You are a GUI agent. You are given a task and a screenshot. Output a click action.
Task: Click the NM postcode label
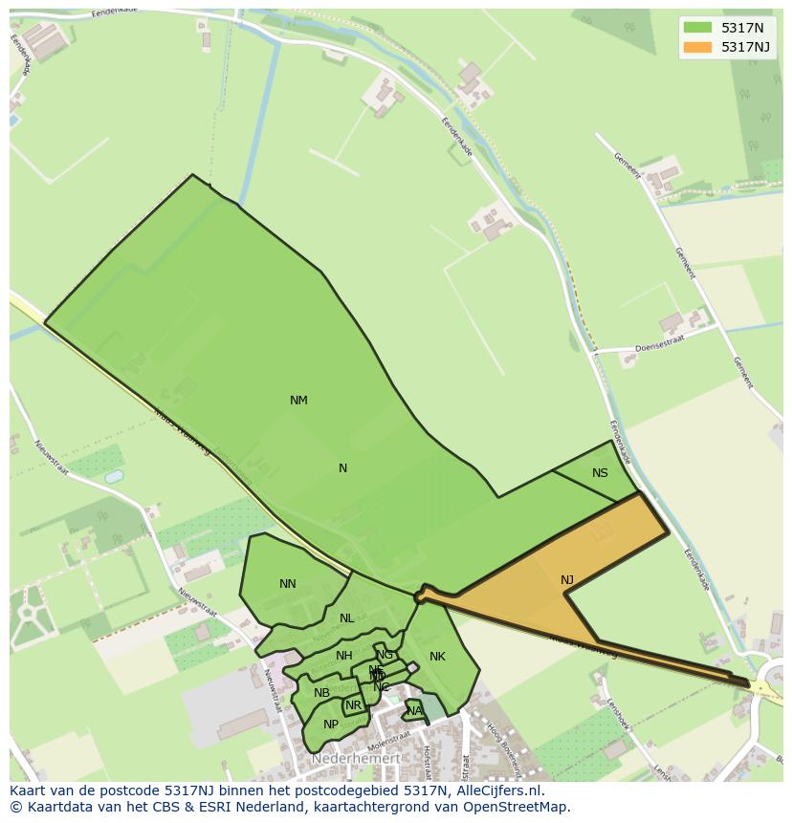[x=298, y=401]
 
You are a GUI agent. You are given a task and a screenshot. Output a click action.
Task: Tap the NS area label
[x=600, y=473]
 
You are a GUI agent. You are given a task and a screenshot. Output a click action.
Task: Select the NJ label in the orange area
[x=567, y=580]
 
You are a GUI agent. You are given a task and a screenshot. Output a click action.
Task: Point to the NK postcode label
[x=437, y=657]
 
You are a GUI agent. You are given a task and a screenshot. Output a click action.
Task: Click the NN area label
[x=288, y=584]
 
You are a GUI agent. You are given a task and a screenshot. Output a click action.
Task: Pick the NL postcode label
[x=346, y=618]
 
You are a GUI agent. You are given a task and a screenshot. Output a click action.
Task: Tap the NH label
[x=344, y=656]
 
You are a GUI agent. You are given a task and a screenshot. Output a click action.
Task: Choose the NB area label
[x=321, y=693]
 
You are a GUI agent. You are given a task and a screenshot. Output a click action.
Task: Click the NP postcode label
[x=331, y=725]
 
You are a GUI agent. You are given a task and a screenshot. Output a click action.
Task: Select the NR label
[x=354, y=706]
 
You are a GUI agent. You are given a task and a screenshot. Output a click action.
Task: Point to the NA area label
[x=414, y=711]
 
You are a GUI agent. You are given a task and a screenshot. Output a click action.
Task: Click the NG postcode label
[x=385, y=655]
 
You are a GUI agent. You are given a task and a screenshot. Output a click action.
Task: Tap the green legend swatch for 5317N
[x=698, y=27]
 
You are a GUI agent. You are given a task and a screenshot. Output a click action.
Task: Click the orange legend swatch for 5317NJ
[x=698, y=47]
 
